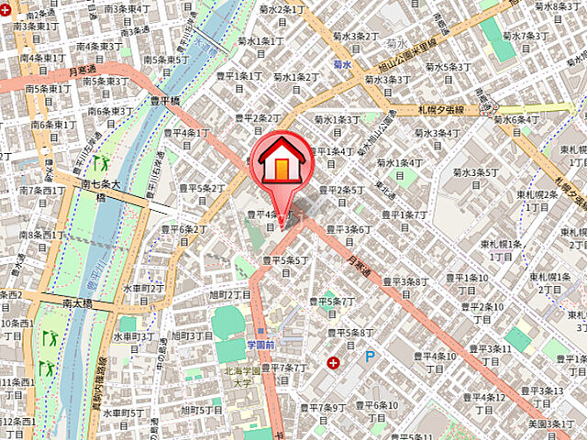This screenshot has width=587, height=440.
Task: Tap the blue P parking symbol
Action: click(x=371, y=357)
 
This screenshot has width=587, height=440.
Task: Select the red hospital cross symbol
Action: click(x=332, y=363)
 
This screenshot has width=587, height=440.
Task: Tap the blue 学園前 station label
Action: click(x=261, y=344)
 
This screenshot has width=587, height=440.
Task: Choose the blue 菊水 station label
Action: click(x=343, y=65)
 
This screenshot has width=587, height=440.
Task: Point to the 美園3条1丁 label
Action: click(x=552, y=424)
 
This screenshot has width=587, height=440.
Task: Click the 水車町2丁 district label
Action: click(x=144, y=287)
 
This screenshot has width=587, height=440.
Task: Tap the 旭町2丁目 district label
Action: click(x=229, y=294)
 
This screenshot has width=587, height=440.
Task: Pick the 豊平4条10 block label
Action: click(x=432, y=356)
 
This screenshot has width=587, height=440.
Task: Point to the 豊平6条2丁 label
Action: click(x=177, y=229)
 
